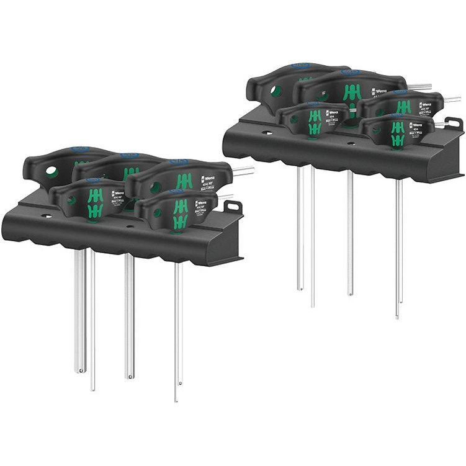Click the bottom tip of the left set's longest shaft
click(x=176, y=399)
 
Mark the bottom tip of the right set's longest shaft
click(x=398, y=316)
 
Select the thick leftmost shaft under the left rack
click(x=80, y=310)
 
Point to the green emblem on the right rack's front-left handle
click(x=315, y=121)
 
